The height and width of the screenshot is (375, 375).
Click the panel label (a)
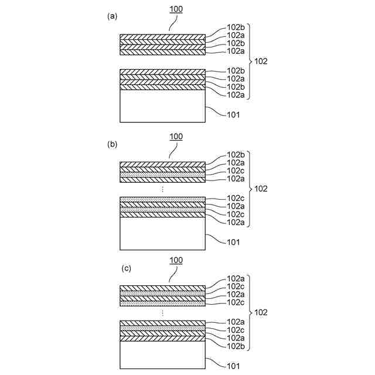point(112,17)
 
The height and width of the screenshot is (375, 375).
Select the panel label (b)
point(112,144)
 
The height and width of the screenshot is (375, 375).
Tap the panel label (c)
point(126,268)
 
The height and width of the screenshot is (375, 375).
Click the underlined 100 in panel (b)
point(176,137)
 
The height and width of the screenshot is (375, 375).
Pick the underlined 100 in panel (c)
point(176,260)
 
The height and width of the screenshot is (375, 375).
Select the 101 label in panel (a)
point(233,115)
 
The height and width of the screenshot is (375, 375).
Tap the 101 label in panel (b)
point(233,241)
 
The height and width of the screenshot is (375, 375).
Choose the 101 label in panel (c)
point(233,366)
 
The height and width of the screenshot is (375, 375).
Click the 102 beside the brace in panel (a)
point(261,61)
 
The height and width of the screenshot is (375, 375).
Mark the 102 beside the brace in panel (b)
point(261,189)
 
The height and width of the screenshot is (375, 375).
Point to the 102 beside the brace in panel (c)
point(261,313)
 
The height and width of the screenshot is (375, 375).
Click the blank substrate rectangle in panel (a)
point(162,105)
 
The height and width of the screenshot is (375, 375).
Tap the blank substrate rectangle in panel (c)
point(162,356)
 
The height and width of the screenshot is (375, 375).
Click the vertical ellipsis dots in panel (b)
point(162,190)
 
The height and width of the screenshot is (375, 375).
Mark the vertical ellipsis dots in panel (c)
point(162,313)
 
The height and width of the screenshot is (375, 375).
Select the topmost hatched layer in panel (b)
point(162,165)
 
